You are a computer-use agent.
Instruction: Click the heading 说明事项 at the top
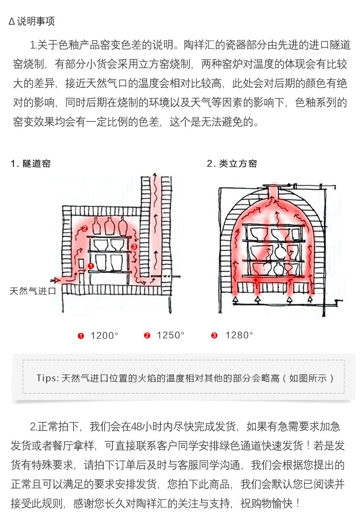click(x=36, y=22)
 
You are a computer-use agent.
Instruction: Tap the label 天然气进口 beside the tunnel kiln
click(x=33, y=291)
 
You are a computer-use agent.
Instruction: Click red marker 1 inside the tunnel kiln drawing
click(x=91, y=265)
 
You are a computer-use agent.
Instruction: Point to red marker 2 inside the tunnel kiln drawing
click(x=84, y=228)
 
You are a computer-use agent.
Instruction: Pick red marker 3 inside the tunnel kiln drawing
click(x=134, y=246)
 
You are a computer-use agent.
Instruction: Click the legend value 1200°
click(x=104, y=336)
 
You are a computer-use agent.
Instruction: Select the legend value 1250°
click(x=170, y=336)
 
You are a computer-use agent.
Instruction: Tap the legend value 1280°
click(x=239, y=336)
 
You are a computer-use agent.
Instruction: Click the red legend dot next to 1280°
click(x=214, y=336)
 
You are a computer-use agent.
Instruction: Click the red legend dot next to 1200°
click(x=81, y=336)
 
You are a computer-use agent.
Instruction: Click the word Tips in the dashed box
click(x=47, y=378)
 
